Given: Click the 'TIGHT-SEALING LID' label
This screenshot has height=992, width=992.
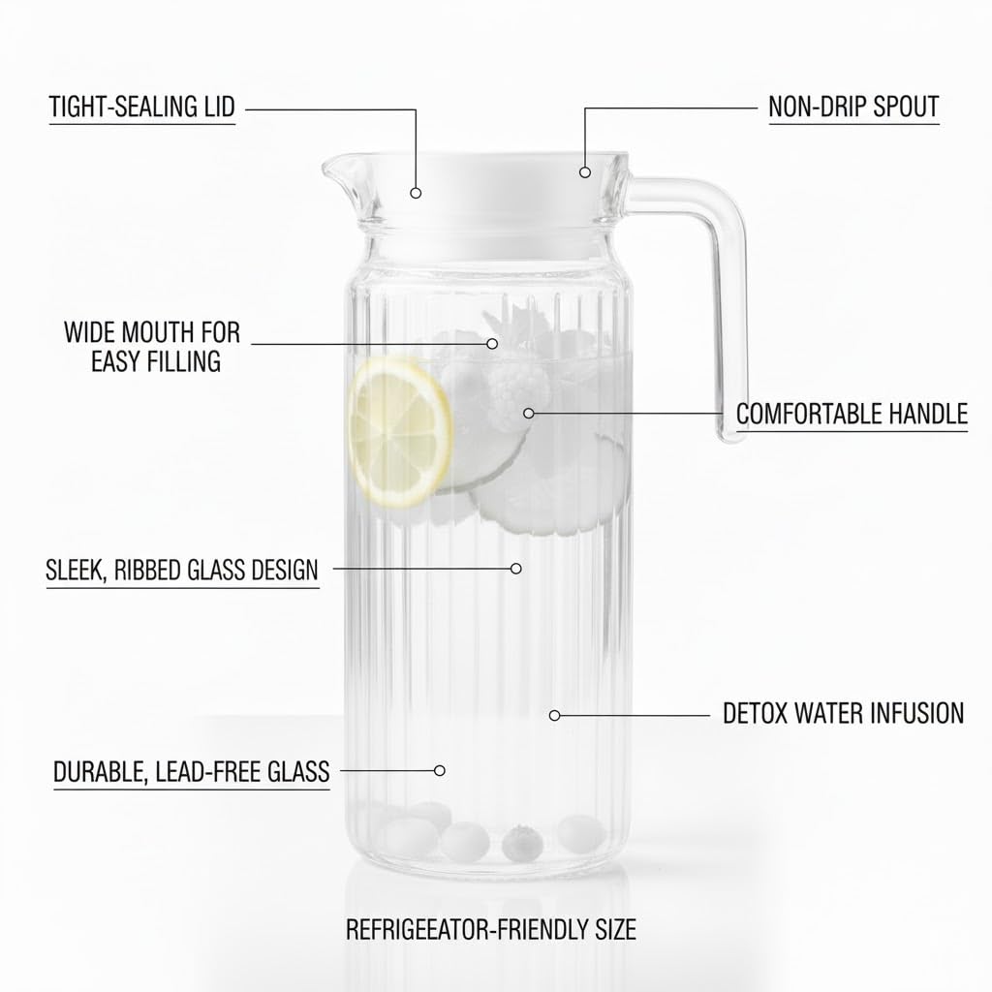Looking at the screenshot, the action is click(x=142, y=107).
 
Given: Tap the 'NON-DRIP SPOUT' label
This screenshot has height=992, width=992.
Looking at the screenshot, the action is click(x=853, y=107).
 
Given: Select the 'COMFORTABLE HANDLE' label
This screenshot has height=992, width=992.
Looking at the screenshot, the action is click(x=852, y=414).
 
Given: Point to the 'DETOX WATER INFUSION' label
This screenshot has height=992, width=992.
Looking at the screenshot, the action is click(x=844, y=713).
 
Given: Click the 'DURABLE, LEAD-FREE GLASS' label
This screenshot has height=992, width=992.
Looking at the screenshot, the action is click(x=191, y=772).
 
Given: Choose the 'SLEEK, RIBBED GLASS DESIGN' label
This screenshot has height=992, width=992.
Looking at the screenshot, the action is click(x=182, y=570).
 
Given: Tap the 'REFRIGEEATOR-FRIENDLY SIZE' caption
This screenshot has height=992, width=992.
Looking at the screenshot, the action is click(x=491, y=929).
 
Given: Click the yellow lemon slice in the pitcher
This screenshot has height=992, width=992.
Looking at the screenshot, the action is click(x=400, y=432).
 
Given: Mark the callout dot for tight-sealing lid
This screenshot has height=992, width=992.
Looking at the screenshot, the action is click(x=416, y=193).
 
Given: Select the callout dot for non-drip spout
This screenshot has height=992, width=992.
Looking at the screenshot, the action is click(x=585, y=172).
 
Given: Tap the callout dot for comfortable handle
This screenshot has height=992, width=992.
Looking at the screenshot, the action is click(x=529, y=413).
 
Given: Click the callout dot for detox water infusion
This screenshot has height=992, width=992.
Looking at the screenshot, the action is click(x=555, y=716).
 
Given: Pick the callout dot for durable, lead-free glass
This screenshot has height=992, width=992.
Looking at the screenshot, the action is click(x=440, y=770).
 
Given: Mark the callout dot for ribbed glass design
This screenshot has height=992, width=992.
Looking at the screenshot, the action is click(x=516, y=569).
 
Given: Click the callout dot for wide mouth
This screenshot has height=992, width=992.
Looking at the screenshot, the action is click(x=492, y=344).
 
